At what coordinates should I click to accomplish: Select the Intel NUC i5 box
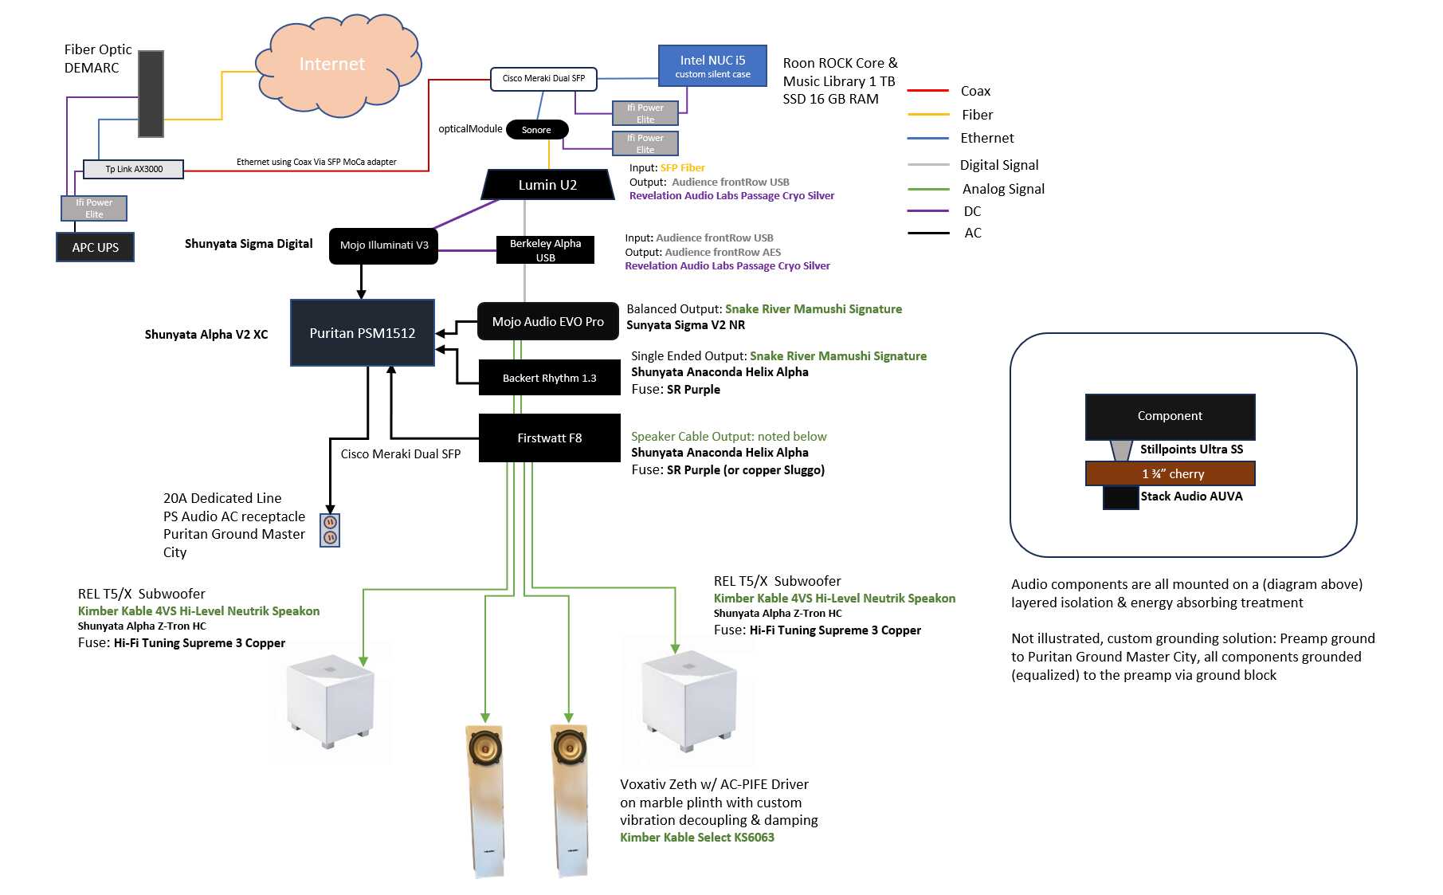click(712, 66)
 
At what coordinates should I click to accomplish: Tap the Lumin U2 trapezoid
click(547, 185)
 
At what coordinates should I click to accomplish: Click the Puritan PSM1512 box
click(363, 333)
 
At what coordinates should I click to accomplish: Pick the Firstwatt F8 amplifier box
click(549, 438)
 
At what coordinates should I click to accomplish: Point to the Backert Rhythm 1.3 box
click(549, 378)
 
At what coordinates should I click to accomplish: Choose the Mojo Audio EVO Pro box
click(547, 321)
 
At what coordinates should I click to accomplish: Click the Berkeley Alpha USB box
click(546, 250)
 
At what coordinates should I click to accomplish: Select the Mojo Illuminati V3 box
click(383, 245)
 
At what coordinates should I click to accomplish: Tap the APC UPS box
click(95, 247)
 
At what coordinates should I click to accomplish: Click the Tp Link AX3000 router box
click(134, 169)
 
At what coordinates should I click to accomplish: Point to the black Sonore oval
click(536, 130)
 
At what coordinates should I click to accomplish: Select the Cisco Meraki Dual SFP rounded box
click(543, 78)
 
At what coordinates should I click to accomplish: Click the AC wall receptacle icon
click(330, 531)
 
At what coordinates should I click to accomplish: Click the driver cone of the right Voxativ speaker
click(569, 748)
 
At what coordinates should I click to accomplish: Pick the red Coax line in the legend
click(928, 91)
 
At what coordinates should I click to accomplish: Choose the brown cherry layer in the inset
click(1170, 473)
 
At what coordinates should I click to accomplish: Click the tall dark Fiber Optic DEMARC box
click(151, 94)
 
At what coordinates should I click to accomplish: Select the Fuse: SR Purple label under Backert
click(676, 390)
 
